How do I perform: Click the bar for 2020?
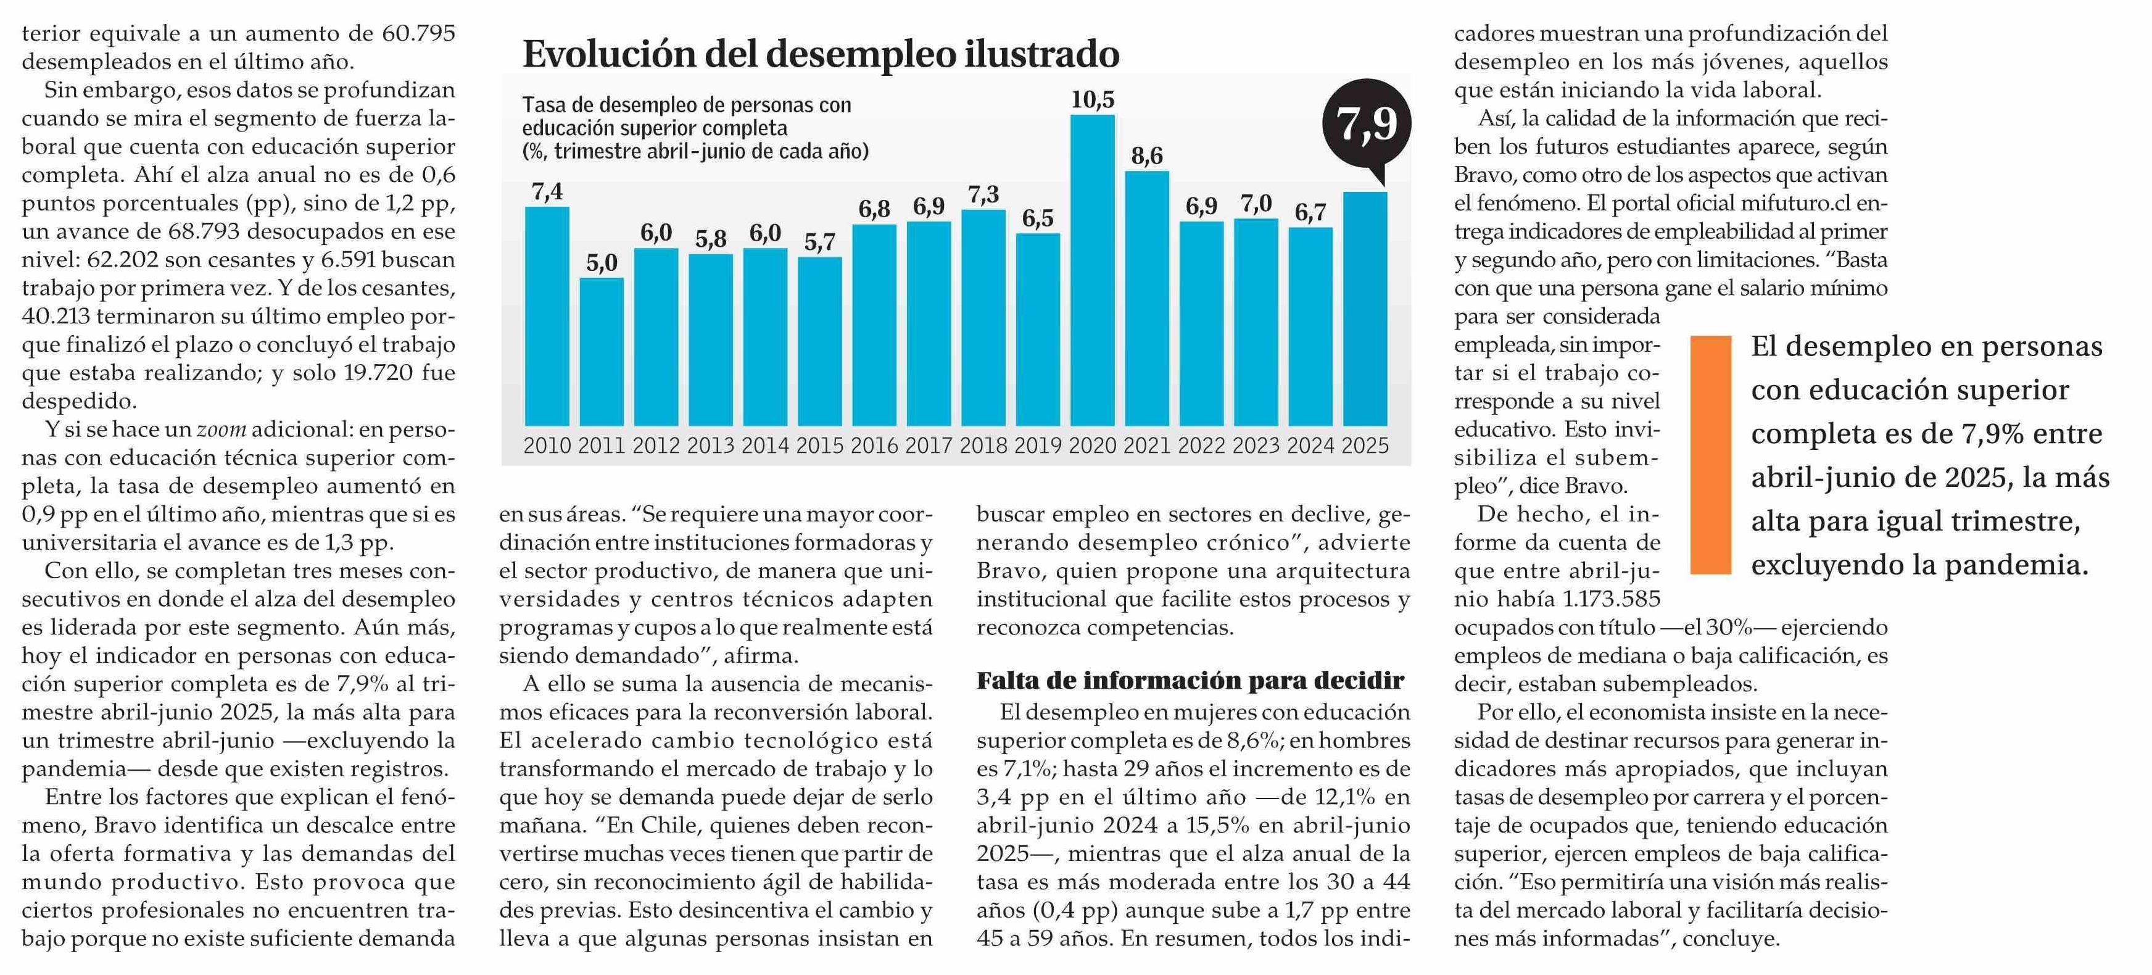pyautogui.click(x=1092, y=270)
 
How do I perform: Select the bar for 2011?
pyautogui.click(x=602, y=352)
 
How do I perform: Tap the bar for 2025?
pyautogui.click(x=1365, y=309)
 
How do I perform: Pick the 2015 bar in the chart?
pyautogui.click(x=819, y=342)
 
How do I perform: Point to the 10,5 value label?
pyautogui.click(x=1093, y=100)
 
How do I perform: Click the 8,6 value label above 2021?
pyautogui.click(x=1147, y=156)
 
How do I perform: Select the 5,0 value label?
pyautogui.click(x=602, y=263)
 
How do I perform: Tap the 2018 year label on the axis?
pyautogui.click(x=983, y=446)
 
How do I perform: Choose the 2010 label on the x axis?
pyautogui.click(x=547, y=446)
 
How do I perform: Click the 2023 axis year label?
pyautogui.click(x=1256, y=446)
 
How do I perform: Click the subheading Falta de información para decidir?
pyautogui.click(x=1191, y=681)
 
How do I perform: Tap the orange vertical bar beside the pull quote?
pyautogui.click(x=1711, y=455)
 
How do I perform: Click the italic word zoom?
pyautogui.click(x=221, y=429)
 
